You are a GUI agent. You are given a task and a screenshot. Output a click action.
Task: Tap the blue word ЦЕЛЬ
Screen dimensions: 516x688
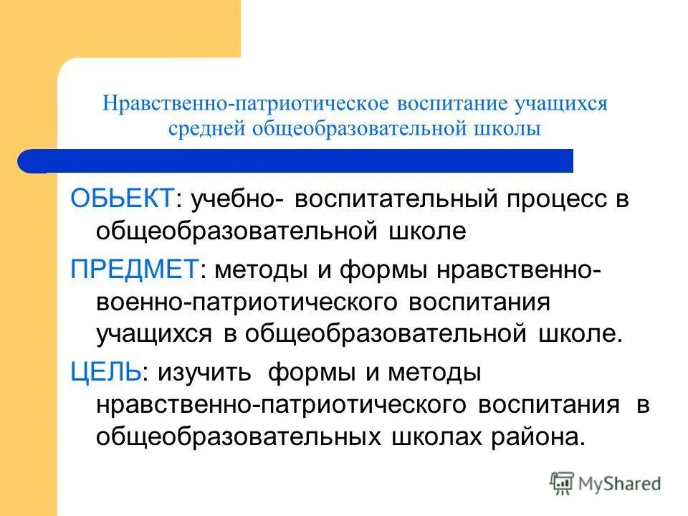click(105, 372)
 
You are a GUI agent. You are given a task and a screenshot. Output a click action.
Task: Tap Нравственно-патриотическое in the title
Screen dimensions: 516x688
click(246, 102)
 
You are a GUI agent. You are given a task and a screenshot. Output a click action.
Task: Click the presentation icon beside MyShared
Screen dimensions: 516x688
click(563, 482)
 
